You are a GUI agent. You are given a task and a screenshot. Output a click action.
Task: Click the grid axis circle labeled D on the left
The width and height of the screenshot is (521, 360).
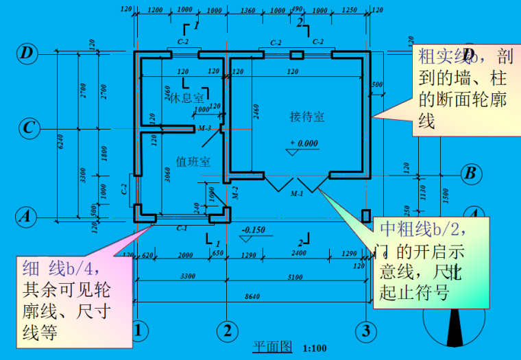27,53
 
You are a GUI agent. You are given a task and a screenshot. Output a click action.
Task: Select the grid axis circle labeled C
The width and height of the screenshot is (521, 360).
27,128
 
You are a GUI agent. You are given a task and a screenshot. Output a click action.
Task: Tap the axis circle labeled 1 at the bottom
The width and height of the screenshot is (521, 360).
140,331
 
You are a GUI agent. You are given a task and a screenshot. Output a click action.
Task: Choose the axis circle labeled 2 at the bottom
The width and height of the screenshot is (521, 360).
227,331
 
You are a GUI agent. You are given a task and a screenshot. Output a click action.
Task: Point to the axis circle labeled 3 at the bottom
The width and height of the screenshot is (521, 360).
366,331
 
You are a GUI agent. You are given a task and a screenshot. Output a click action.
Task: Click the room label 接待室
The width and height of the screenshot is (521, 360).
306,117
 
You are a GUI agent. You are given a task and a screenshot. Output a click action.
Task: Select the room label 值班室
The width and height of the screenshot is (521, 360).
193,162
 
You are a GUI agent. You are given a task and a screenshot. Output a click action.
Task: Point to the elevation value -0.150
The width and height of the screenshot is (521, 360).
254,230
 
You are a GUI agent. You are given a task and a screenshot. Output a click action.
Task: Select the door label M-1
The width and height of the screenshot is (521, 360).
296,195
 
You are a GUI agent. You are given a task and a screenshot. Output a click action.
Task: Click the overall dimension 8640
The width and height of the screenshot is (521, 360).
252,296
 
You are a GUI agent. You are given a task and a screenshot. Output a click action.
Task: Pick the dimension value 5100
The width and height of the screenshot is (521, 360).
295,276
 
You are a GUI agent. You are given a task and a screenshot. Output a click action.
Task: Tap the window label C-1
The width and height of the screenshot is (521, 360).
182,227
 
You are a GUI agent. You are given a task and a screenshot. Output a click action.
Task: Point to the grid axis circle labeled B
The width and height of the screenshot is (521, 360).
470,173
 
